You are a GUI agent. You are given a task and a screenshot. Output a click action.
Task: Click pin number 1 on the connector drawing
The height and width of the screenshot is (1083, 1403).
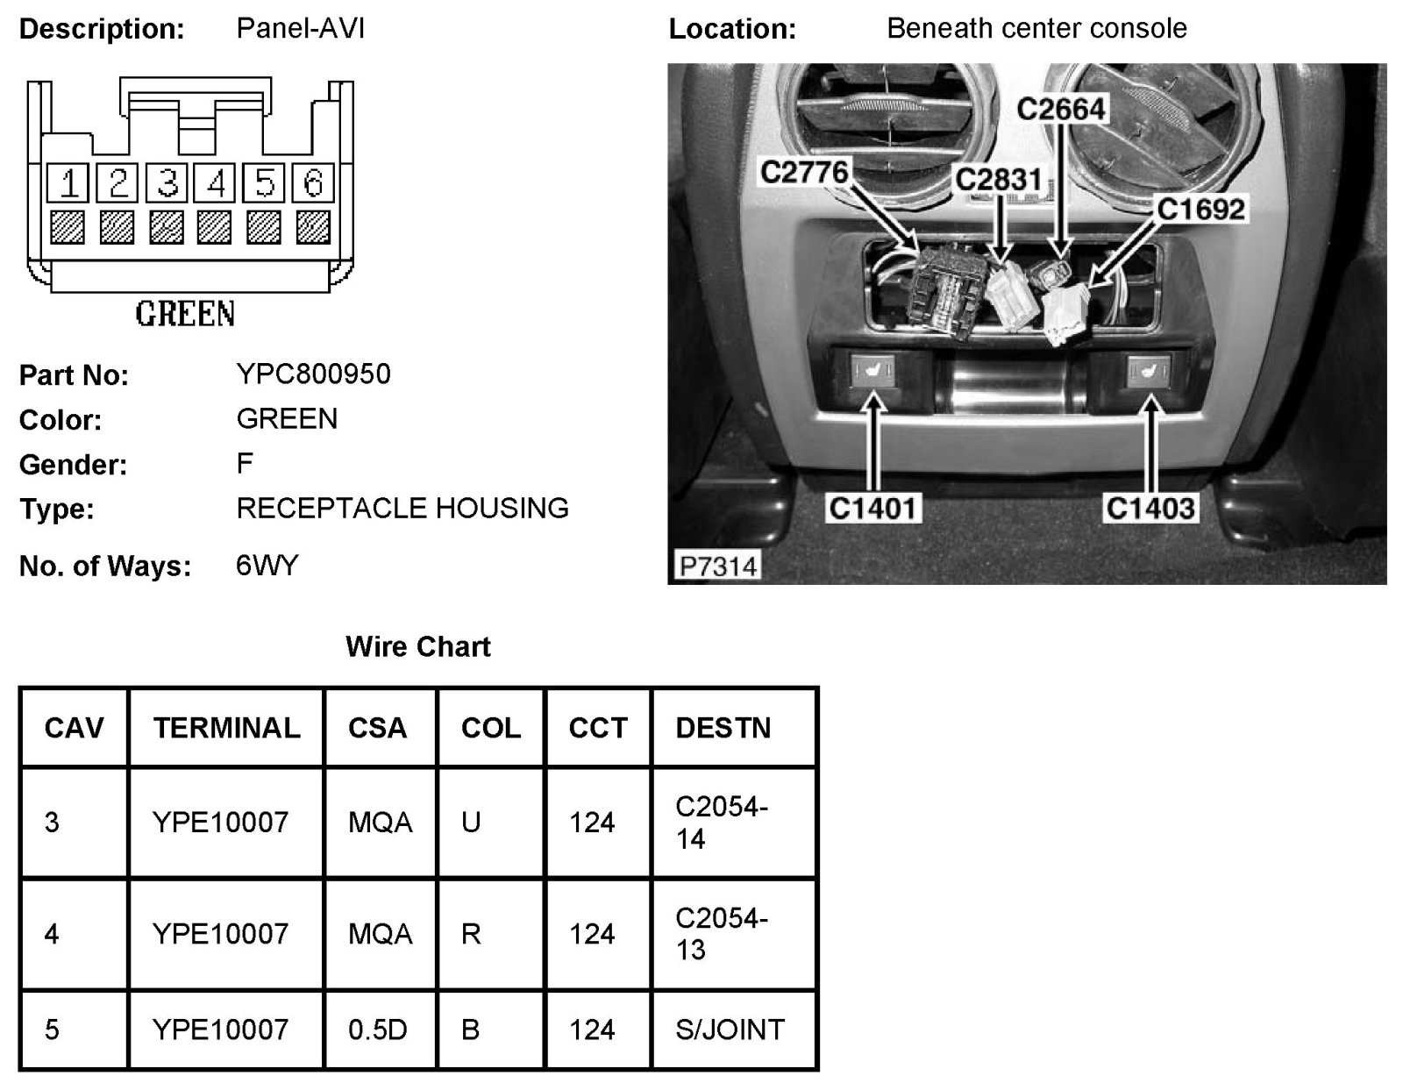tap(68, 183)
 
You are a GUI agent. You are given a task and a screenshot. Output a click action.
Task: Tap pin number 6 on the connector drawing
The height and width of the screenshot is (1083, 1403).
tap(313, 183)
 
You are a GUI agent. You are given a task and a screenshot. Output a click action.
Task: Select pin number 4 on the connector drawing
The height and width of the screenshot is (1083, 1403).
tap(216, 183)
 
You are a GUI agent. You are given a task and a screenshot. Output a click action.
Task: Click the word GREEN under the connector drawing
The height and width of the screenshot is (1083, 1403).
tap(185, 313)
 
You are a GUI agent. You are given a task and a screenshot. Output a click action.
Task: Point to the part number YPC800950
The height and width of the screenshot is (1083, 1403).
tap(313, 374)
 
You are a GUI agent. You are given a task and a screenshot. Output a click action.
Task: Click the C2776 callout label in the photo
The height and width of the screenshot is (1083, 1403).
tap(804, 172)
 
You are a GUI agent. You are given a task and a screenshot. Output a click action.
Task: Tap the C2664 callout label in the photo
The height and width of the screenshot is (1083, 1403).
tap(1061, 110)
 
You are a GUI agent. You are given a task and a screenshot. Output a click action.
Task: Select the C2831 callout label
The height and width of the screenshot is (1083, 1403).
tap(998, 180)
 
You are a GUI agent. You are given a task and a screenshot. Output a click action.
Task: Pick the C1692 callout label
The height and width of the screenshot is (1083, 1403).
tap(1200, 210)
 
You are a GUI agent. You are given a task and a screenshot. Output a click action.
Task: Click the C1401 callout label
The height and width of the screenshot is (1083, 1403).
tap(872, 508)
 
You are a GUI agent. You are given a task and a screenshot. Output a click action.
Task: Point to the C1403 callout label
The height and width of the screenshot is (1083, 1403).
tap(1150, 508)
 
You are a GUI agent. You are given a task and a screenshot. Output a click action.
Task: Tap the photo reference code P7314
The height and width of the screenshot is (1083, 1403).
tap(717, 566)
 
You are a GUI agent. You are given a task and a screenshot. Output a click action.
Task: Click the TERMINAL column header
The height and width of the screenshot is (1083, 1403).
tap(226, 728)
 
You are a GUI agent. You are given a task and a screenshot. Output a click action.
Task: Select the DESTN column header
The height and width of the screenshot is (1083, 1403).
tap(723, 728)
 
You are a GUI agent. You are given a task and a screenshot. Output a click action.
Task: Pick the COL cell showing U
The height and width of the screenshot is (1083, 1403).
tap(471, 823)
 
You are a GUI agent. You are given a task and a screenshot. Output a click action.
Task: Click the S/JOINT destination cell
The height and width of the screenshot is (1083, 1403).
tap(730, 1030)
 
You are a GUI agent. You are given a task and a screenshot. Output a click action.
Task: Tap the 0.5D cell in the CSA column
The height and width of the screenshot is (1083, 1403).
tap(377, 1030)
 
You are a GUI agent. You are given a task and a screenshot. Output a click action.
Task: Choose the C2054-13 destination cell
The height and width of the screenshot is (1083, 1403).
tap(721, 934)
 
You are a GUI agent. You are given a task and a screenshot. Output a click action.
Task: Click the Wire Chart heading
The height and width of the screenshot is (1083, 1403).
tap(418, 647)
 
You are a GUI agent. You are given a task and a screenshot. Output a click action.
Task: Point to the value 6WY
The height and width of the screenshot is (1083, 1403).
tap(267, 566)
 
